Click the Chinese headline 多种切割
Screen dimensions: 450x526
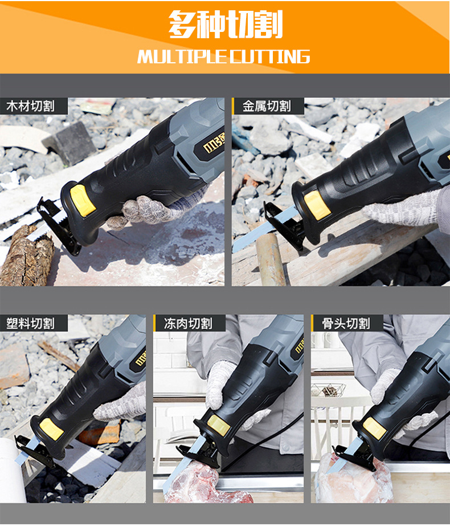click(x=226, y=24)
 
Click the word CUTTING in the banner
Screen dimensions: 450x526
click(x=270, y=56)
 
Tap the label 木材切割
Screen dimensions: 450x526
click(x=30, y=106)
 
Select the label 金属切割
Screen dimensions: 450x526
click(x=267, y=106)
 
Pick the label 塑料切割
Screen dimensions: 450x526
click(x=30, y=323)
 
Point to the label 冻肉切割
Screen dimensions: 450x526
click(x=188, y=323)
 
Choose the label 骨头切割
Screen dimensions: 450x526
click(x=346, y=323)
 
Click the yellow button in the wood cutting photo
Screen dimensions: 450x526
click(x=83, y=200)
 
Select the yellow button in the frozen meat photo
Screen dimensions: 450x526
click(x=219, y=425)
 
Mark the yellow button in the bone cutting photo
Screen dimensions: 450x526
click(x=375, y=428)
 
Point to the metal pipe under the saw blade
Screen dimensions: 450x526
click(x=271, y=260)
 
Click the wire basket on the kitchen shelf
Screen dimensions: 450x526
click(x=328, y=390)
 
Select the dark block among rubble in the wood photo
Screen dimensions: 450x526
click(x=69, y=143)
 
